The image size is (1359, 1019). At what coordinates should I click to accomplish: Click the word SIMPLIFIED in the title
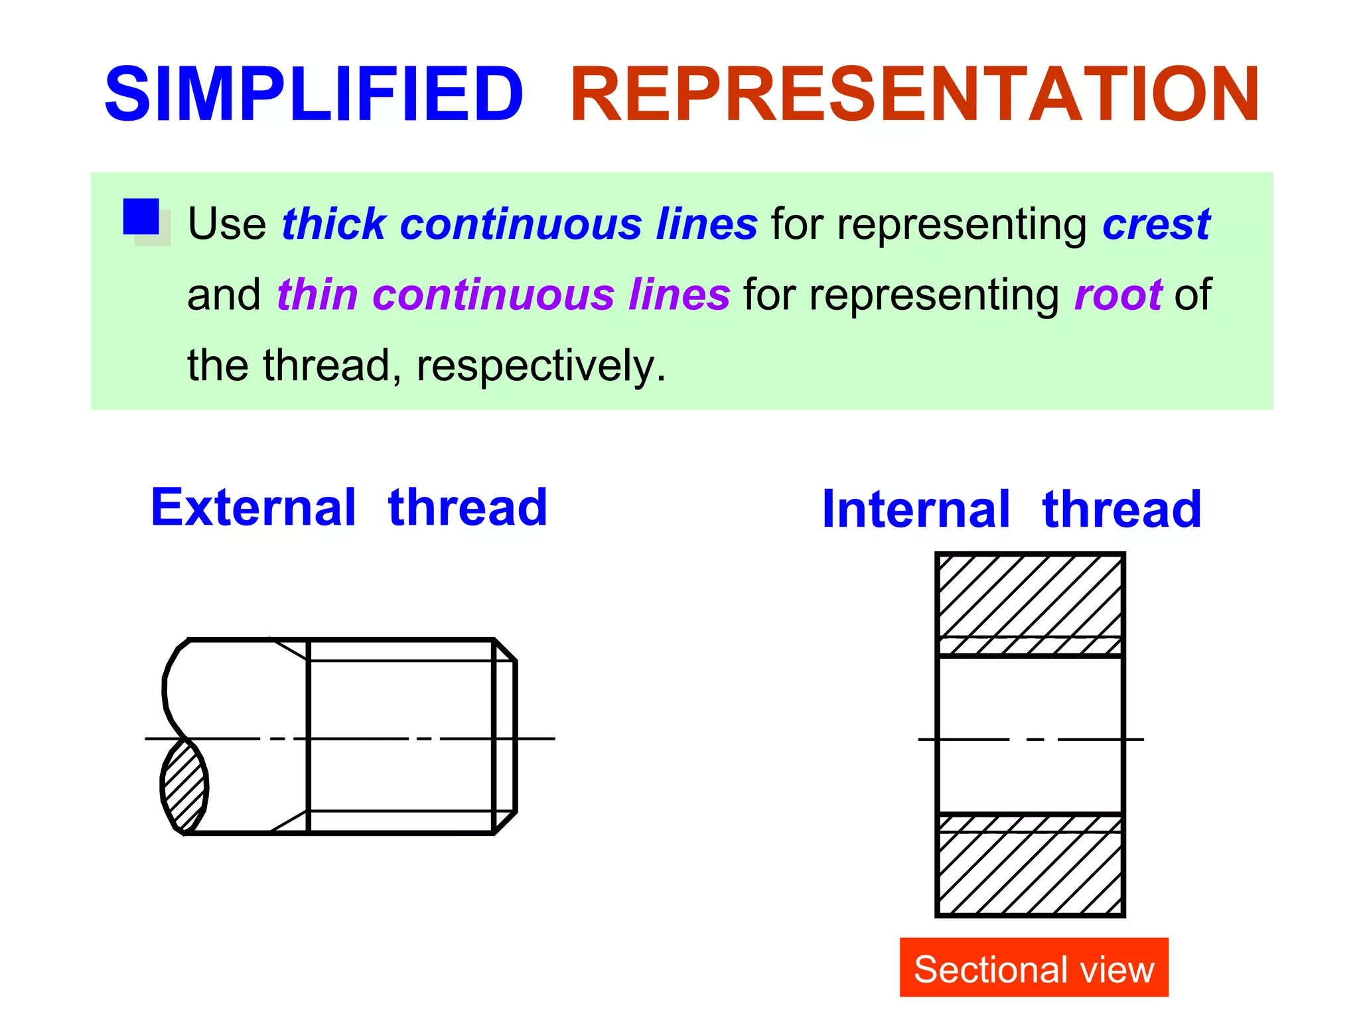(x=314, y=94)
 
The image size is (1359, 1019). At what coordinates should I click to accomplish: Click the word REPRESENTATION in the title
(x=914, y=94)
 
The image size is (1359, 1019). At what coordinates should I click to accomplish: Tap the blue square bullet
(x=141, y=217)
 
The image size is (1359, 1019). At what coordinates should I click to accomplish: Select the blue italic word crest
(x=1156, y=224)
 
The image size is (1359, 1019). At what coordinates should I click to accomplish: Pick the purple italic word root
(x=1117, y=295)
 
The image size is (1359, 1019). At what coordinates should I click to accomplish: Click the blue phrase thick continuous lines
(x=519, y=224)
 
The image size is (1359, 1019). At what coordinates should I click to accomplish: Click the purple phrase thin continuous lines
(x=503, y=295)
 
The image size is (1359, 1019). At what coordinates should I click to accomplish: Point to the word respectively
(x=540, y=366)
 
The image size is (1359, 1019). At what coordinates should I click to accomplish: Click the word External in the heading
(x=253, y=508)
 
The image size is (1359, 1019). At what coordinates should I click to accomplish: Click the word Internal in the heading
(x=916, y=509)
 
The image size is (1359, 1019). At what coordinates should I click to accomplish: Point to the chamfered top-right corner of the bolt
(x=506, y=649)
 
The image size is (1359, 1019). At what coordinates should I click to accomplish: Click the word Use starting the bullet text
(x=226, y=224)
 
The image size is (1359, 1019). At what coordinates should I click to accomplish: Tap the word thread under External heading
(x=468, y=508)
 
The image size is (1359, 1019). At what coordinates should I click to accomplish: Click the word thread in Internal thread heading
(x=1121, y=509)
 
